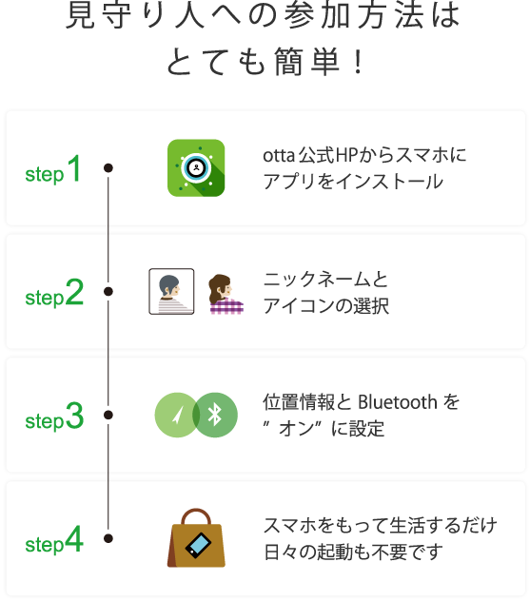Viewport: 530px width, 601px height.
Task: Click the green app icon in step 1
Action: pos(196,167)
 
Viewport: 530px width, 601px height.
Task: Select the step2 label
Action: pos(54,296)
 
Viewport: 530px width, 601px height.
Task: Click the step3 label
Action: pos(54,418)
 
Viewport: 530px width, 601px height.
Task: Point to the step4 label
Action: pos(54,543)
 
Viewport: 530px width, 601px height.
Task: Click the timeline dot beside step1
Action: pos(108,168)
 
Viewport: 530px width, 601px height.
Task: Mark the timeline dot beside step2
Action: pos(108,292)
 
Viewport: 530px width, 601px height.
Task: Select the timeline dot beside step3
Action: pos(108,416)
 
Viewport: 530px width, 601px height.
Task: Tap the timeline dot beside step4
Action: pos(108,539)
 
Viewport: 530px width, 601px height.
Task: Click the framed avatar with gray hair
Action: pos(172,291)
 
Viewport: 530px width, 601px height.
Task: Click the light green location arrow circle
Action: pos(177,415)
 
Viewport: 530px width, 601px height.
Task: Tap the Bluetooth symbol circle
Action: pos(215,415)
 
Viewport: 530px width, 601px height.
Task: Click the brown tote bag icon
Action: pos(196,539)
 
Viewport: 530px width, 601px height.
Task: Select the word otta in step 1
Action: pos(279,155)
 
